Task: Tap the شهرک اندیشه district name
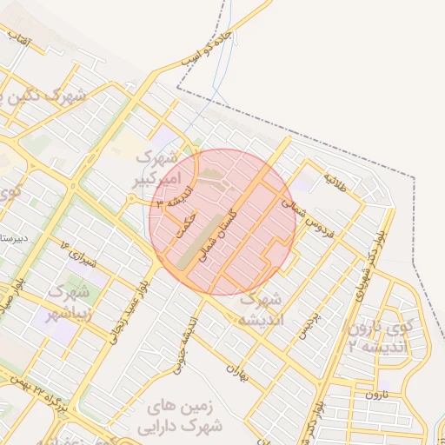click(259, 308)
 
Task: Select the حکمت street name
click(182, 227)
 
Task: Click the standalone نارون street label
click(374, 394)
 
